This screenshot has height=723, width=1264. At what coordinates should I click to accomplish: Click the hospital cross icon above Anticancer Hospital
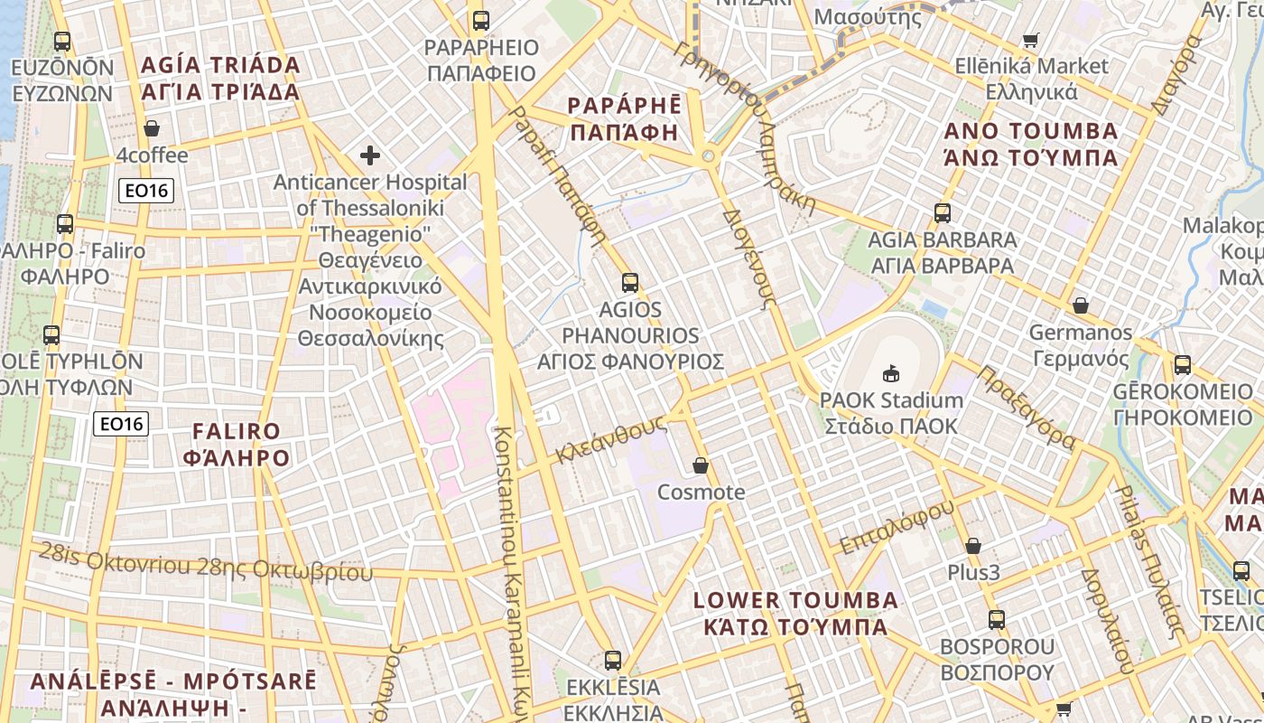[370, 155]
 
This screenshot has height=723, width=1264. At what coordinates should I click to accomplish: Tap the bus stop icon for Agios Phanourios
[630, 282]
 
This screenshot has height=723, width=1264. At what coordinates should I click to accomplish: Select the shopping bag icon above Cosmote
[701, 465]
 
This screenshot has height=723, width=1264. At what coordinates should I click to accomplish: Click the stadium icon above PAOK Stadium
[891, 372]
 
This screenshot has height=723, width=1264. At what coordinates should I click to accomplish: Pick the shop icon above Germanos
[1080, 305]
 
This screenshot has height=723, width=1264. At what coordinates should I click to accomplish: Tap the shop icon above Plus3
[973, 546]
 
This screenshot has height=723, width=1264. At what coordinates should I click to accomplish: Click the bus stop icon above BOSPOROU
[997, 620]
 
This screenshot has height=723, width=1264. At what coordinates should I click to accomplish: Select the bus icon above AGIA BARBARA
[943, 213]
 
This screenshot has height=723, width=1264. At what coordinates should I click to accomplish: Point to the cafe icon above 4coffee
[152, 128]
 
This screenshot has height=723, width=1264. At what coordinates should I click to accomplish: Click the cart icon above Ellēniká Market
[1031, 40]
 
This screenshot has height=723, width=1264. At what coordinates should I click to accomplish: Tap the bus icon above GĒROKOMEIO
[1183, 366]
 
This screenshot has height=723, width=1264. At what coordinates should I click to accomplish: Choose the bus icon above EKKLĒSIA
[613, 661]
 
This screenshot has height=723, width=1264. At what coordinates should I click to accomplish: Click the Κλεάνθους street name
[611, 438]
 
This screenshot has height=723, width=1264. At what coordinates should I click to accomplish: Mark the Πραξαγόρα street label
[1027, 407]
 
